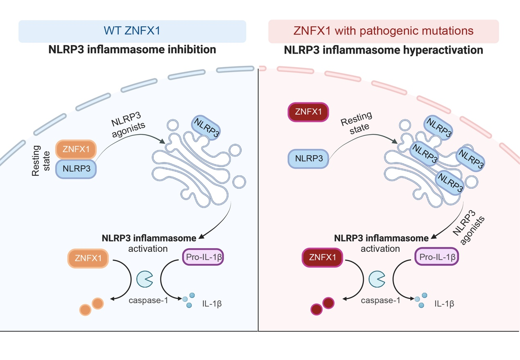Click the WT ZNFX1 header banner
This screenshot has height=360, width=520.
click(132, 31)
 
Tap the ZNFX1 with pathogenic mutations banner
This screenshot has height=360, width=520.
click(383, 31)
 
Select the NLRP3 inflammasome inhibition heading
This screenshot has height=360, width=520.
click(132, 50)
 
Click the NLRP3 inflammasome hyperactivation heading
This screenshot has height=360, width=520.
click(384, 50)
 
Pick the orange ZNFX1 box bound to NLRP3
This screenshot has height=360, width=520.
click(76, 149)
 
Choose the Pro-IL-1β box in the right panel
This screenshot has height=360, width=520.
click(436, 257)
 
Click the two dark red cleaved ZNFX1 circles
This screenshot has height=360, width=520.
click(323, 306)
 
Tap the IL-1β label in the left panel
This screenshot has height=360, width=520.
click(212, 304)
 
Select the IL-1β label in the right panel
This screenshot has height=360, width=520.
click(444, 304)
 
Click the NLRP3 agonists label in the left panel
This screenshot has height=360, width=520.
click(128, 119)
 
